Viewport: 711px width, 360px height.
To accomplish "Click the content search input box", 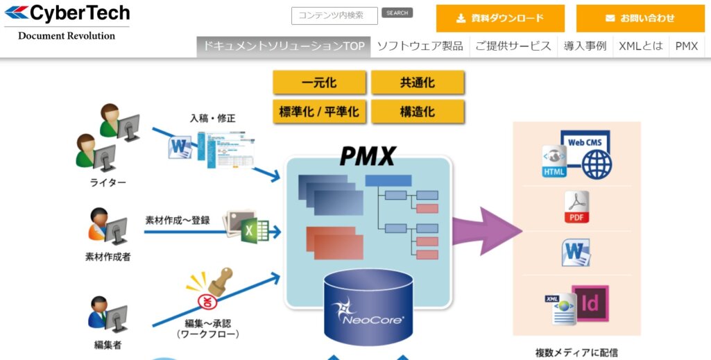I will [x=335, y=16].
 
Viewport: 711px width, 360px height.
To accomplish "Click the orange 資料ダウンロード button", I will [x=500, y=18].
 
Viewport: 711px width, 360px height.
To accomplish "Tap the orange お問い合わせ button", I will [x=640, y=18].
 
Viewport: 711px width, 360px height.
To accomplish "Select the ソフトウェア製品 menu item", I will [x=420, y=46].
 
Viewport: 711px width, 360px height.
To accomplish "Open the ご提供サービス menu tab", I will [x=513, y=46].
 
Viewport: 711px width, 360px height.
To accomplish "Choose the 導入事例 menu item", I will [x=585, y=46].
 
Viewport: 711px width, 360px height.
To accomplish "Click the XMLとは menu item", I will [x=640, y=46].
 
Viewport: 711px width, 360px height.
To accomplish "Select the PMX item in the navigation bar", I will [x=686, y=46].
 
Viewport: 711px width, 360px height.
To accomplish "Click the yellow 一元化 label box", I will [x=319, y=83].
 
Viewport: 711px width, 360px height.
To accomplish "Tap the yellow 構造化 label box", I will [x=417, y=111].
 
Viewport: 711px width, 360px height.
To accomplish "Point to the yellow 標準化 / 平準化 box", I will [x=319, y=111].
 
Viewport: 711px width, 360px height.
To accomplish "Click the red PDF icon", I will [x=576, y=207].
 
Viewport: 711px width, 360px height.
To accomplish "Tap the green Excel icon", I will [x=254, y=228].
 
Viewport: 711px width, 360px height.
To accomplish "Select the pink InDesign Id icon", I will [x=590, y=303].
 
